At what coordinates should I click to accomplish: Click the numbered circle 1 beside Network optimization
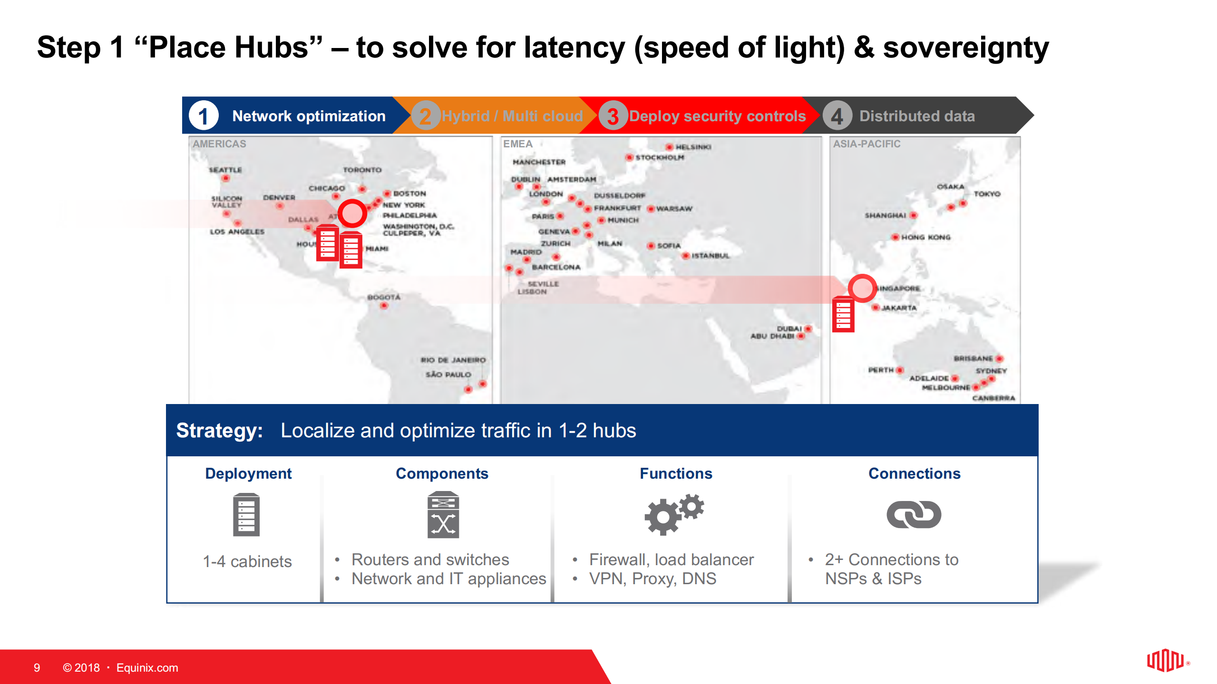(x=203, y=116)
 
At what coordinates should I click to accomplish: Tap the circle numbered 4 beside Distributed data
(x=837, y=116)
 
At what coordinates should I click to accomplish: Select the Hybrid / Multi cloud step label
(x=512, y=116)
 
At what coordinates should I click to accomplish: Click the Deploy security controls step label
(x=717, y=116)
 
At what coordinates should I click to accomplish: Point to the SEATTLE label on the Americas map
(x=225, y=170)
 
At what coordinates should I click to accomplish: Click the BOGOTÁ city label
(x=384, y=297)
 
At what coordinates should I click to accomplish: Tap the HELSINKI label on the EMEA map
(x=693, y=147)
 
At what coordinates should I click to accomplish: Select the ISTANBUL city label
(x=710, y=256)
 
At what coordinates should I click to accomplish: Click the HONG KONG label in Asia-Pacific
(x=925, y=237)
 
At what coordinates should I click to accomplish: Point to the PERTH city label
(x=881, y=370)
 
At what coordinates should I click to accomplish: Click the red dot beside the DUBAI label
(x=808, y=328)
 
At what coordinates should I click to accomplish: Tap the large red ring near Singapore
(x=862, y=288)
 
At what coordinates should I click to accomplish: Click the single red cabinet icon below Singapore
(x=843, y=314)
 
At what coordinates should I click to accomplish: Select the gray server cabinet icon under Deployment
(x=246, y=515)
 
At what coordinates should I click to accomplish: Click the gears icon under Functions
(x=673, y=514)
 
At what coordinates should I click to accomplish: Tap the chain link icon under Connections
(x=914, y=514)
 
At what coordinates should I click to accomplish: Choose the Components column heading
(x=442, y=473)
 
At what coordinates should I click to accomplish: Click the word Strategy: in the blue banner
(x=219, y=431)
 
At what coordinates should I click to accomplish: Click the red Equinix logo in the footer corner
(x=1165, y=661)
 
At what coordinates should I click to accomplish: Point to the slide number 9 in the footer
(x=37, y=668)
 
